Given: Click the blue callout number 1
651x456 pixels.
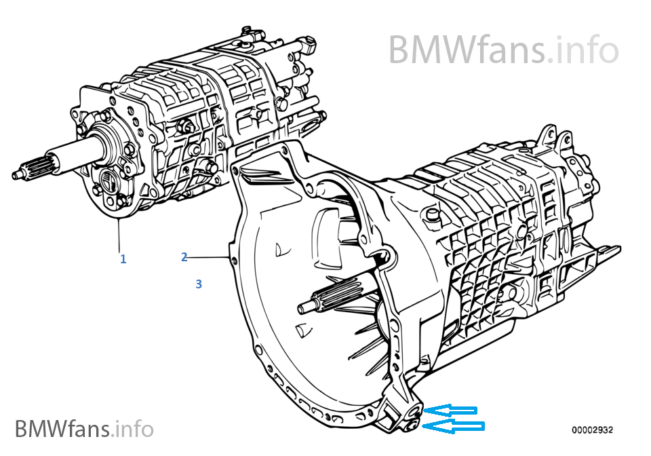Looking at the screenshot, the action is (x=123, y=259).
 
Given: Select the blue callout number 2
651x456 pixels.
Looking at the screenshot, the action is (x=184, y=257).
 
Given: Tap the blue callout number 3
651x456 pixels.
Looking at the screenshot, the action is (x=199, y=284).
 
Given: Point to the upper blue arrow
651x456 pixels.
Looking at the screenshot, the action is (x=450, y=411).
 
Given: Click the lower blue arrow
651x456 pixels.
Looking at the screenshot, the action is (x=454, y=427).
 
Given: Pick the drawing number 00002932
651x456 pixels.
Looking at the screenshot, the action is (x=592, y=430).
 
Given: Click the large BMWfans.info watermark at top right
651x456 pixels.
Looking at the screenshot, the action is (x=504, y=50).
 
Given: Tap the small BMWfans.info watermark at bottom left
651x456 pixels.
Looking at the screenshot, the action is (x=84, y=429).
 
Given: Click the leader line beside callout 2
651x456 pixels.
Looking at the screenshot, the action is (x=208, y=257).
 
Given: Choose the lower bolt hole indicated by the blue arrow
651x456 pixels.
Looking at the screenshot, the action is (x=412, y=425).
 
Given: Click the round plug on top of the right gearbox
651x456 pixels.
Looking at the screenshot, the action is (x=433, y=214).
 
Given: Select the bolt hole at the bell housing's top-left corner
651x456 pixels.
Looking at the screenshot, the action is (x=236, y=170).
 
